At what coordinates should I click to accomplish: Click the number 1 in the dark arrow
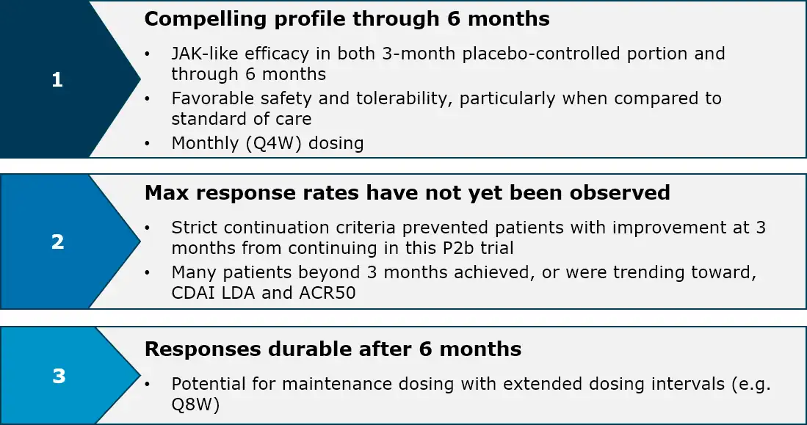tap(57, 79)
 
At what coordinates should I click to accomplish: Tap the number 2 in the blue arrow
tap(57, 241)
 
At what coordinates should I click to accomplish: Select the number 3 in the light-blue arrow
tap(59, 376)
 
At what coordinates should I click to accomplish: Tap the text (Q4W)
tap(273, 143)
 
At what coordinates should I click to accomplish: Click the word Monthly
tap(205, 144)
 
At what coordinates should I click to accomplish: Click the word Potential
tap(209, 384)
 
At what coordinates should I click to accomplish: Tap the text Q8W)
tap(195, 405)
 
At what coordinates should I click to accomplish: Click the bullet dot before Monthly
tap(148, 144)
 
